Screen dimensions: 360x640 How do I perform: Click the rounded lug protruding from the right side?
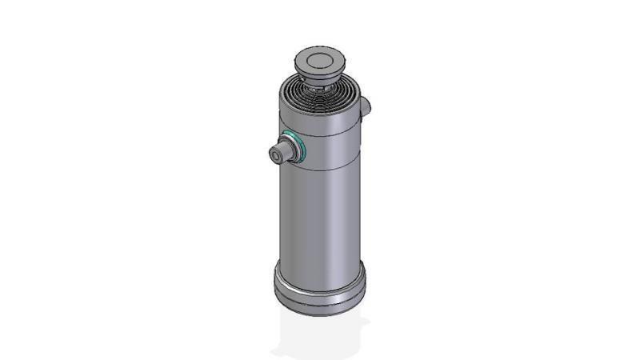click(x=366, y=105)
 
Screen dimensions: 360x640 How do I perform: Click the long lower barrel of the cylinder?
click(x=320, y=216)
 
